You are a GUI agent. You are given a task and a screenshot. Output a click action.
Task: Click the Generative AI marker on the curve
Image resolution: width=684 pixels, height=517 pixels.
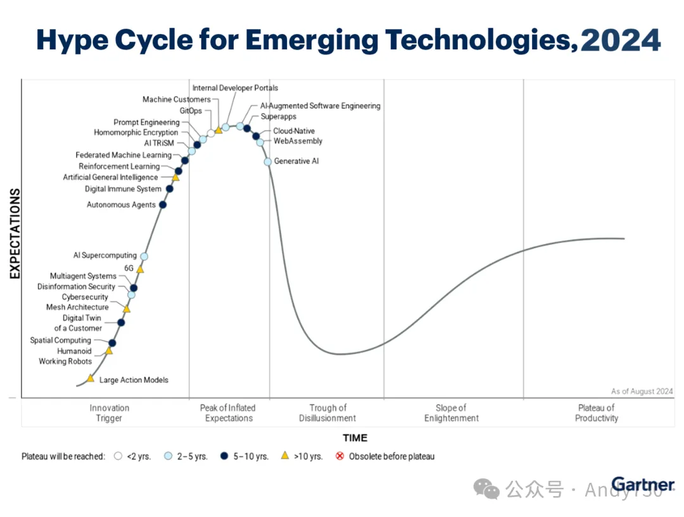pos(268,162)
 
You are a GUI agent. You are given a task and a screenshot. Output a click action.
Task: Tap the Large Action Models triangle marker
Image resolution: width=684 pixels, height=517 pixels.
pos(91,378)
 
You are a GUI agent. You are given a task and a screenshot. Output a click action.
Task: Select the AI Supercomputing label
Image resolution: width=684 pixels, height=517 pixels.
pos(104,256)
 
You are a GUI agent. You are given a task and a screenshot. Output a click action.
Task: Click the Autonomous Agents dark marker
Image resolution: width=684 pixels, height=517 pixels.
pos(163,204)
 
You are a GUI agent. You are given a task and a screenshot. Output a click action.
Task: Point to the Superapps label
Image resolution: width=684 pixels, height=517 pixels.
pos(278,117)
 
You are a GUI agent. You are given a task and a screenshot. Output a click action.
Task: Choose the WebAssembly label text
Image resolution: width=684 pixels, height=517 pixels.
pos(298,141)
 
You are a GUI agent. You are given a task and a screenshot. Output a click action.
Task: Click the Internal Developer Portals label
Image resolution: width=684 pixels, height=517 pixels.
pos(235,88)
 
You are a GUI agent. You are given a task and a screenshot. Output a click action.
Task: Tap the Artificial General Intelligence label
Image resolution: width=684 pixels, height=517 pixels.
pos(110,177)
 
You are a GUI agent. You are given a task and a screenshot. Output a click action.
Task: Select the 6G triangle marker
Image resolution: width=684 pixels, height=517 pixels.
pos(141,270)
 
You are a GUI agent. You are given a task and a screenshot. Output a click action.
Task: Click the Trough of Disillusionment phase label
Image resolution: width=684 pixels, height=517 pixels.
pos(327,413)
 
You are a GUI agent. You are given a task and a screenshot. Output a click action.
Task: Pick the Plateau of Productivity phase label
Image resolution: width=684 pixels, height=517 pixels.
pos(596,413)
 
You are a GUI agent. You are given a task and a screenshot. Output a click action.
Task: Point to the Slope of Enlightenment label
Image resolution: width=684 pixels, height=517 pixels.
pos(451,413)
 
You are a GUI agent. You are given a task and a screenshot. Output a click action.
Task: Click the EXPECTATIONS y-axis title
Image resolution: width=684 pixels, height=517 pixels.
pos(15,234)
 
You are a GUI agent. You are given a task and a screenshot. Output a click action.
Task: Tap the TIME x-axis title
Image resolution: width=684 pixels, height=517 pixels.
pos(355,438)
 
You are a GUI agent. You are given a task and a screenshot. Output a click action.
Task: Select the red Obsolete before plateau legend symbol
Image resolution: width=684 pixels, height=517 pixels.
pos(339,456)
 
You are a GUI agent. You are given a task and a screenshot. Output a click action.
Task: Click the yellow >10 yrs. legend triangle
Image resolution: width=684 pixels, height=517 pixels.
pos(285,456)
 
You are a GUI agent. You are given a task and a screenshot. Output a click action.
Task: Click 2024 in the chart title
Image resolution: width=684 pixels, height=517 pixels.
pos(621,40)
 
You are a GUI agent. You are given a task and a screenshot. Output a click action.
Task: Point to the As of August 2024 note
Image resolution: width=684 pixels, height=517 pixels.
pos(642,392)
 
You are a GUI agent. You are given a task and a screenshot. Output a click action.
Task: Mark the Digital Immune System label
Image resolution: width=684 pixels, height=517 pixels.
pos(123,189)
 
